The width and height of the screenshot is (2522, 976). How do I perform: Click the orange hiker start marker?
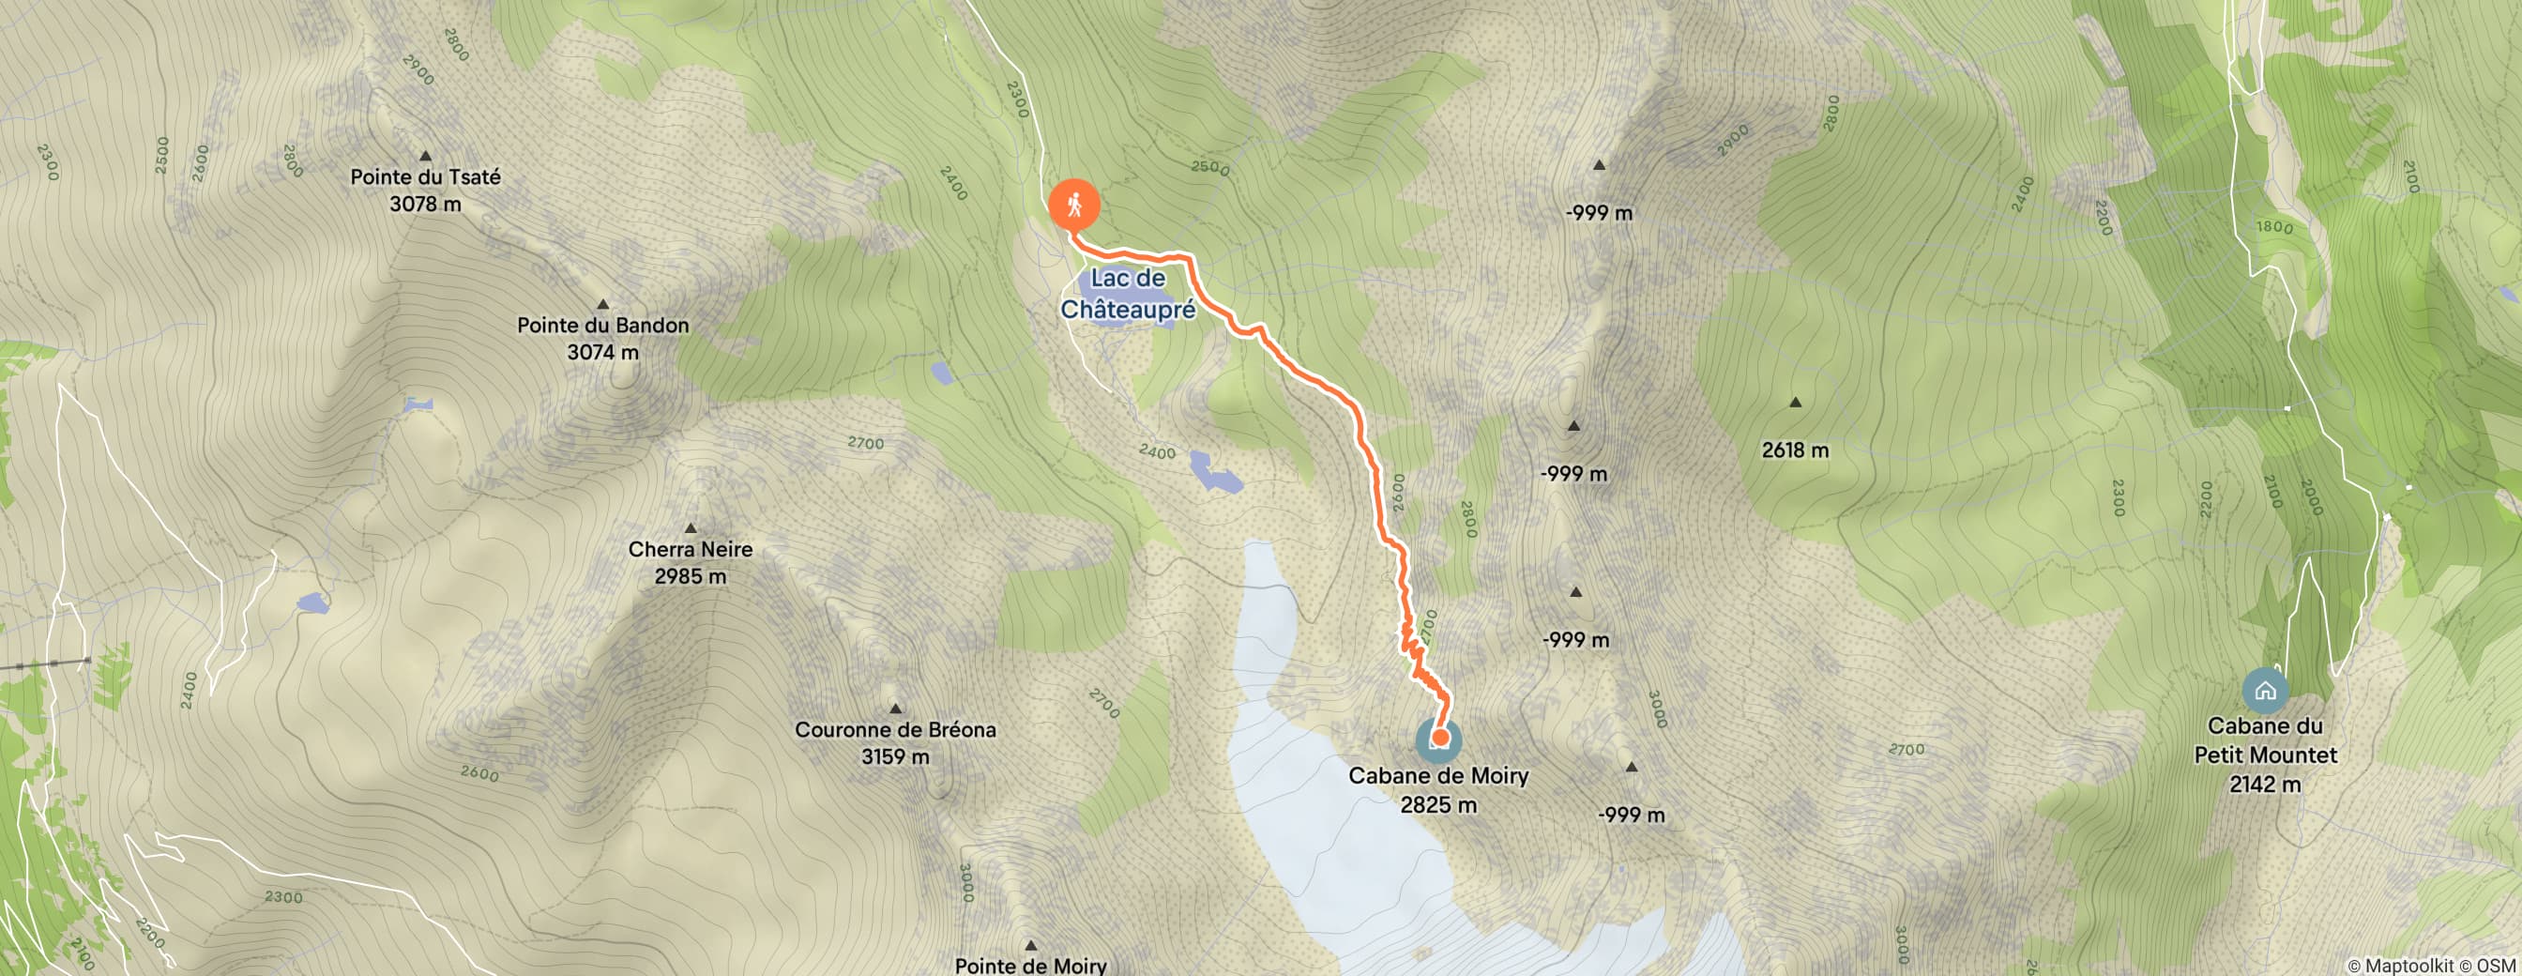click(x=1074, y=206)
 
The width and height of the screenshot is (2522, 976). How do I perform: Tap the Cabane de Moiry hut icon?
click(x=1438, y=741)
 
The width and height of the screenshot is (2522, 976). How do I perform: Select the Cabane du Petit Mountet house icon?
click(x=2265, y=691)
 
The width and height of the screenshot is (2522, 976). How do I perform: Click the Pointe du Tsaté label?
click(x=425, y=177)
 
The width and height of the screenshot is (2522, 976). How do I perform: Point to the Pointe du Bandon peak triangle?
click(x=603, y=304)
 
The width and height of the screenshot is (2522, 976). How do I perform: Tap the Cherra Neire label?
click(x=691, y=549)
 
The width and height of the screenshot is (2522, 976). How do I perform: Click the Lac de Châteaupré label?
click(x=1128, y=294)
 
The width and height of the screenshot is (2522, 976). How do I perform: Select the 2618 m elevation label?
click(x=1795, y=450)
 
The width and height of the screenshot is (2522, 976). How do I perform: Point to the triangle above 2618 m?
click(x=1796, y=403)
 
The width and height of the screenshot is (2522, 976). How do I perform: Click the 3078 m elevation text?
click(x=425, y=204)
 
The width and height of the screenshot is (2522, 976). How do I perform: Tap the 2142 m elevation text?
click(x=2265, y=785)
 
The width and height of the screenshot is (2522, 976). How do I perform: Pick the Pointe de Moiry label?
click(x=1030, y=966)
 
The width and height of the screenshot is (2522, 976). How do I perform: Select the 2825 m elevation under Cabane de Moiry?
click(x=1438, y=804)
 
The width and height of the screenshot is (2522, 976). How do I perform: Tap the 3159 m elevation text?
click(x=895, y=756)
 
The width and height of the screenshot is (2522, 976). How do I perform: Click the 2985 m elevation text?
click(x=691, y=576)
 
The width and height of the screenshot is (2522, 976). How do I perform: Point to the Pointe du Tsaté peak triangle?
click(x=426, y=156)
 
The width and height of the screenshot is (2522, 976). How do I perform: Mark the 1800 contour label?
click(x=2274, y=228)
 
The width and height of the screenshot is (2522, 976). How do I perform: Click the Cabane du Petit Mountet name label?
click(x=2265, y=740)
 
